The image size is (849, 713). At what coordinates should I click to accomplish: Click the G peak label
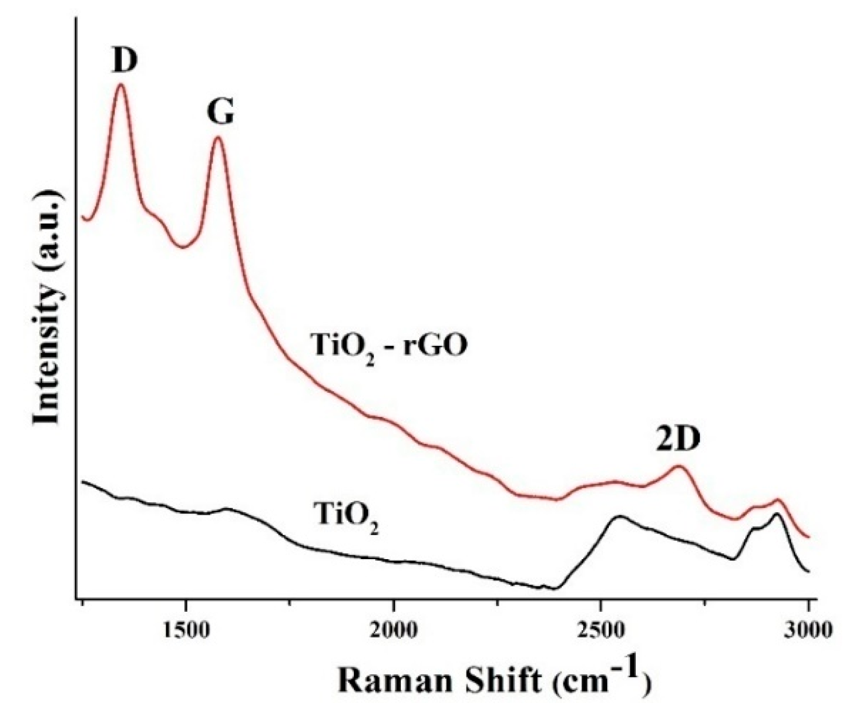pos(220,112)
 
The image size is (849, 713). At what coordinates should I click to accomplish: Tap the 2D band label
pos(678,441)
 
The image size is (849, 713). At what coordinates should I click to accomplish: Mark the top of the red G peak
pos(218,138)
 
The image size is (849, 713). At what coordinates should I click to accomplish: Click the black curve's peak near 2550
pos(619,516)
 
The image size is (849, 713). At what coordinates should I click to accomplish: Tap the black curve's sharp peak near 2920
pos(777,514)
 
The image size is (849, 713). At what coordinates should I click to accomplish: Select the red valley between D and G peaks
pos(182,247)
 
